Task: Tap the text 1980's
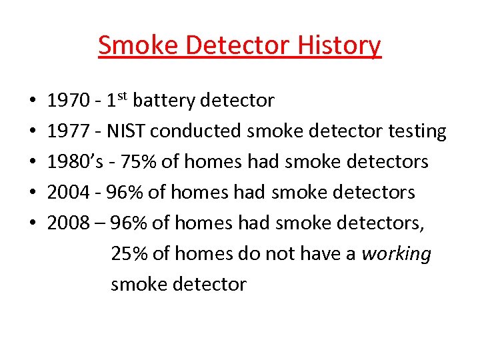point(74,162)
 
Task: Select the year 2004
point(69,193)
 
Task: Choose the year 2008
point(69,223)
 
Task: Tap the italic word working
point(397,254)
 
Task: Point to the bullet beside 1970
point(33,102)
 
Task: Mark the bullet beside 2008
point(33,224)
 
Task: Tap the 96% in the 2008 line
point(129,223)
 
